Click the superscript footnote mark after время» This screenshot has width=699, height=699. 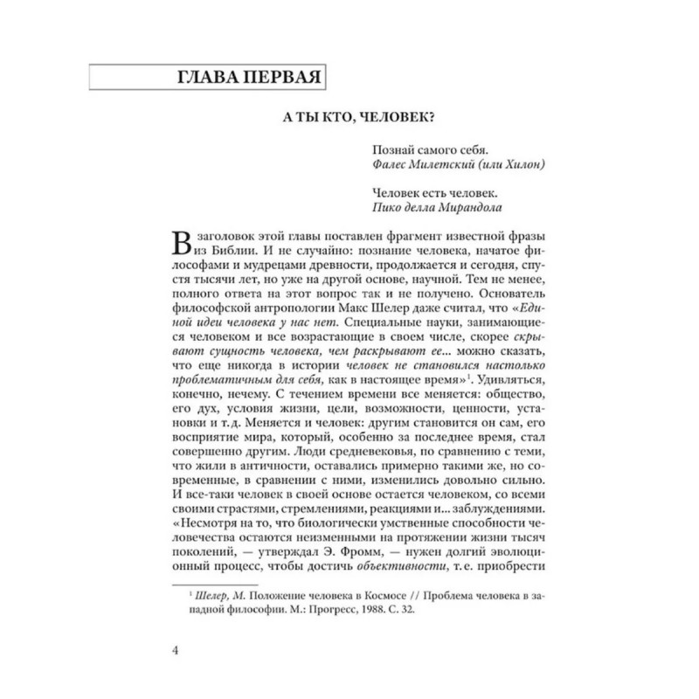471,375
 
